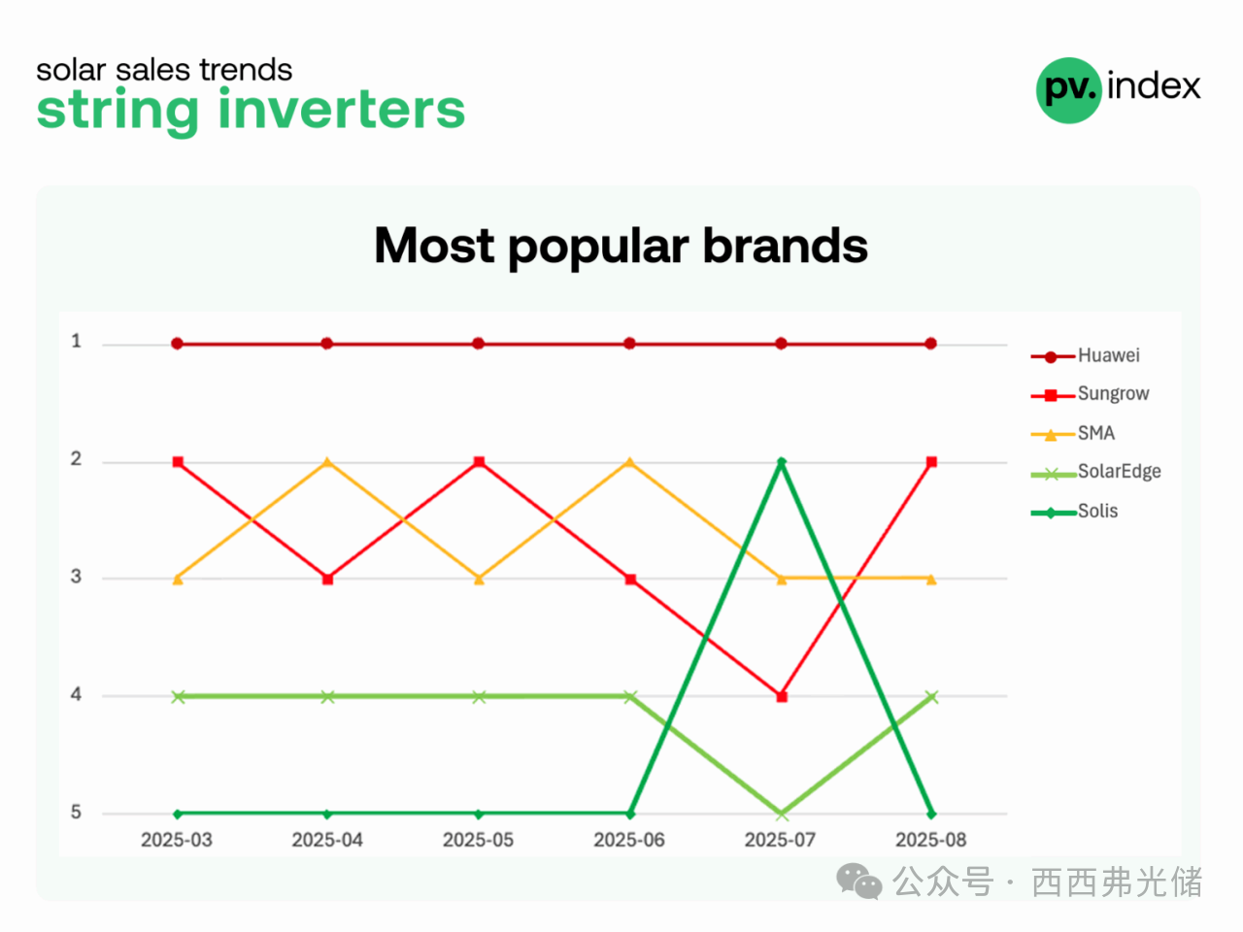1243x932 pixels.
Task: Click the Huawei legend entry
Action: coord(1085,356)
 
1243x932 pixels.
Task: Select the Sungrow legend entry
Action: coord(1090,394)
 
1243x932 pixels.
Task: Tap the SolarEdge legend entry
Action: coord(1095,472)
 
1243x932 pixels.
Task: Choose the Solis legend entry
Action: coord(1074,512)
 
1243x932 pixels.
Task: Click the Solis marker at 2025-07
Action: coord(782,462)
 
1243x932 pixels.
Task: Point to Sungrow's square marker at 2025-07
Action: coord(782,697)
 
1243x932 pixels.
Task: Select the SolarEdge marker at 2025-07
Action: coord(782,815)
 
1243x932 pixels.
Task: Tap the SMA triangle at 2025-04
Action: coord(327,462)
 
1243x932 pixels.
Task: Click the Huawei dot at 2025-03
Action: coord(178,344)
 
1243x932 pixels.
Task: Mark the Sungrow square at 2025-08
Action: coord(931,462)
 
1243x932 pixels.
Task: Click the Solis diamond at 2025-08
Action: coord(931,815)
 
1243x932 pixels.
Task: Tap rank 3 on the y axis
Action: coord(76,577)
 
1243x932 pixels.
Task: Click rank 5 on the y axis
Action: coord(76,812)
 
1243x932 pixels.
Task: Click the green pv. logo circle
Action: coord(1068,90)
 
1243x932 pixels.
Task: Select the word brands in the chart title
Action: coord(786,246)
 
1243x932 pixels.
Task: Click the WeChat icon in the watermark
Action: coord(859,882)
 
